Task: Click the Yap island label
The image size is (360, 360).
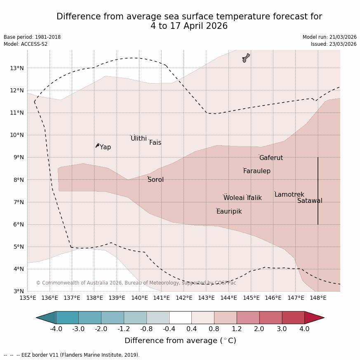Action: click(105, 147)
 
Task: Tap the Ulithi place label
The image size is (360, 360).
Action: click(139, 139)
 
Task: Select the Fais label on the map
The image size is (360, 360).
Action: click(155, 143)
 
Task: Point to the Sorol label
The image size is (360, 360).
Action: click(155, 180)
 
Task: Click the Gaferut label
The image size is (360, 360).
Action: click(271, 158)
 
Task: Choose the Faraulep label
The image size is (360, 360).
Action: click(256, 171)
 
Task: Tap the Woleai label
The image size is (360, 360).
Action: click(234, 198)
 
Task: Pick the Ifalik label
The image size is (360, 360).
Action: click(254, 198)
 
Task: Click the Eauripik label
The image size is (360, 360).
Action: click(229, 212)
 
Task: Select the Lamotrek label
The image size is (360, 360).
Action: click(289, 195)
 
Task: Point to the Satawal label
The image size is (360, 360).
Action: click(310, 201)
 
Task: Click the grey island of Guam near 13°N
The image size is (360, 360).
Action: click(246, 57)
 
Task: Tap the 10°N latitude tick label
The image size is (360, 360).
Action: click(16, 135)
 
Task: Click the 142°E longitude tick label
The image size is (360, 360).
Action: click(184, 298)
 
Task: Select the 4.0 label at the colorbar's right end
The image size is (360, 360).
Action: click(304, 329)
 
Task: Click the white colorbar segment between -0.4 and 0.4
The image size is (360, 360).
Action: click(180, 318)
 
